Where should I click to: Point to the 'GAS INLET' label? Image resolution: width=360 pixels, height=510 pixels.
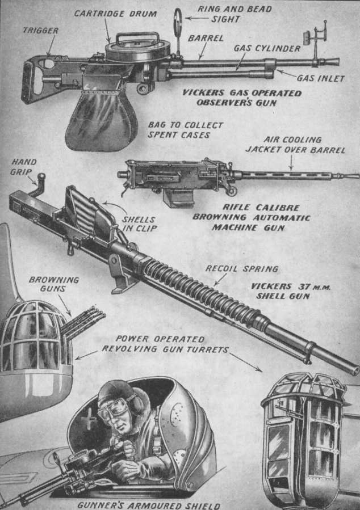pyautogui.click(x=321, y=78)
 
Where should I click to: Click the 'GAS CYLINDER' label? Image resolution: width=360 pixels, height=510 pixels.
pyautogui.click(x=266, y=48)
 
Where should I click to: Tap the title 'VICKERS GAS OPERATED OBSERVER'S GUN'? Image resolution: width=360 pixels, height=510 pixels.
pyautogui.click(x=241, y=98)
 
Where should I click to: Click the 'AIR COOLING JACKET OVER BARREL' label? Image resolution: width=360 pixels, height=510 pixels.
pyautogui.click(x=295, y=145)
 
